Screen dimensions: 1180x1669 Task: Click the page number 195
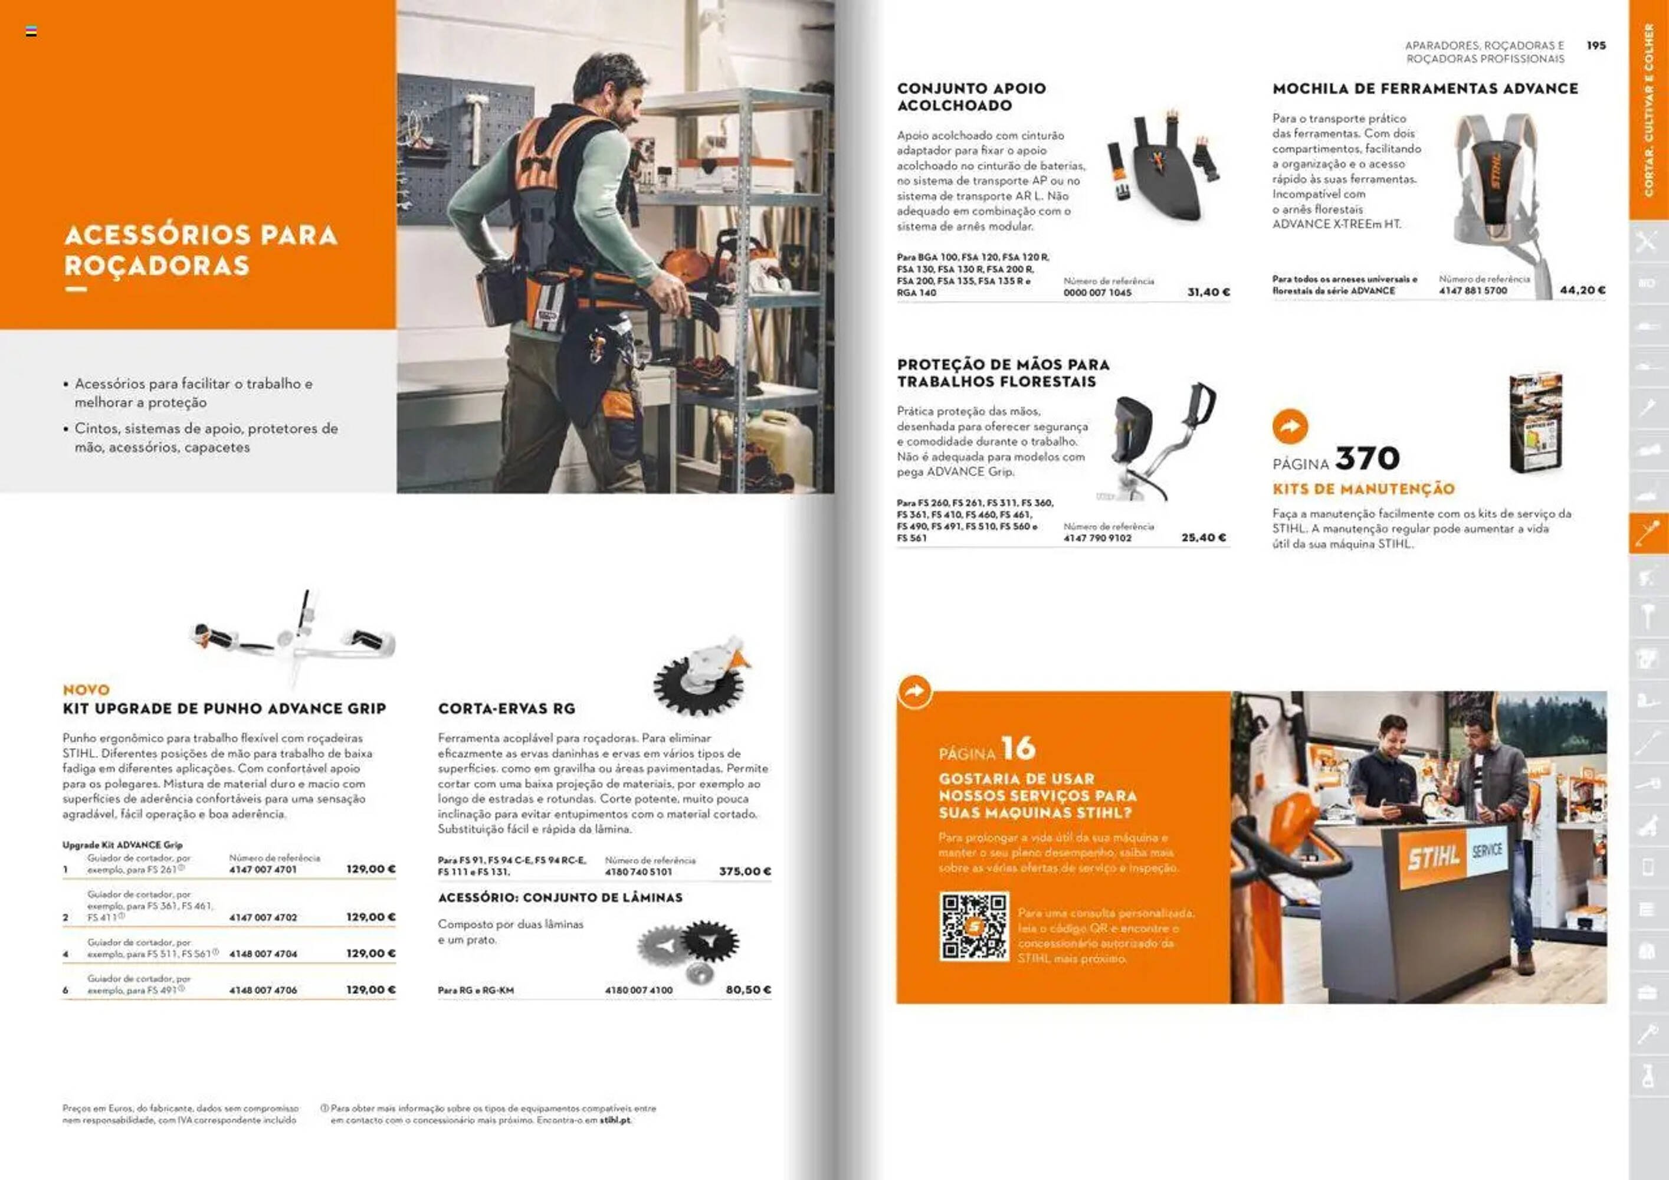(1596, 45)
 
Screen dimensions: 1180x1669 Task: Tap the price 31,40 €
(1208, 292)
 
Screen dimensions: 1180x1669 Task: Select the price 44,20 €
(1582, 290)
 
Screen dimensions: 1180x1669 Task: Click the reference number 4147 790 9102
(1097, 538)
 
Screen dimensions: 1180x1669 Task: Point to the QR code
(974, 926)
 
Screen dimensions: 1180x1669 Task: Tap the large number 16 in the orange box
(1018, 748)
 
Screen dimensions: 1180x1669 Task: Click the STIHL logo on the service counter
(1432, 858)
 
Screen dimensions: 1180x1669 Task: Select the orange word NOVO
(86, 689)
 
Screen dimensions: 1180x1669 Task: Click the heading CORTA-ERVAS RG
(506, 708)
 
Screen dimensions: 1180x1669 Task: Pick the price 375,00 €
(745, 871)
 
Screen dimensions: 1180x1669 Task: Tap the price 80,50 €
(748, 989)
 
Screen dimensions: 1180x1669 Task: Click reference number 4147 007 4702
(263, 917)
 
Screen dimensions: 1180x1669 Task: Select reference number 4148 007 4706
(263, 990)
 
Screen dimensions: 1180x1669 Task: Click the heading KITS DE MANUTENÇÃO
(1363, 489)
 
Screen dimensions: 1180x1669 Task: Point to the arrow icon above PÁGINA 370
(1290, 427)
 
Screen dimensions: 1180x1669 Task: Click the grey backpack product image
(1497, 189)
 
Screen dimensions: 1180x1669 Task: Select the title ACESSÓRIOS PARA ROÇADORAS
(201, 250)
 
